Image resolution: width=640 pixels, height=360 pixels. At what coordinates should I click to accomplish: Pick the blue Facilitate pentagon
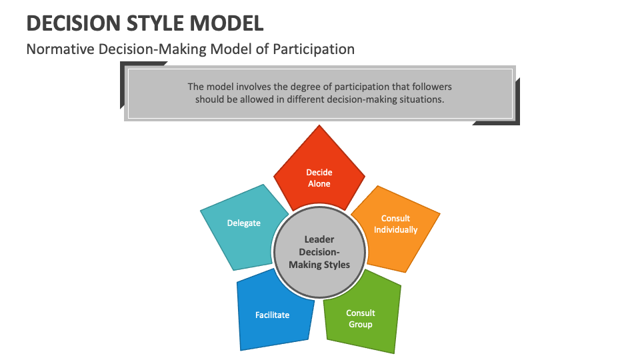tap(272, 315)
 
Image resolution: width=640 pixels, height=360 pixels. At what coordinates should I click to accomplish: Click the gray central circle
tap(319, 252)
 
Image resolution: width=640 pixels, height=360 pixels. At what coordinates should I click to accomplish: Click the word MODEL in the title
tap(228, 23)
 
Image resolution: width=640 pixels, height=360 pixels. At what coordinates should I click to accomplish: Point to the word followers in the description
tap(429, 87)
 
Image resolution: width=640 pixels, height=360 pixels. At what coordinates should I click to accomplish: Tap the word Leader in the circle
tap(319, 239)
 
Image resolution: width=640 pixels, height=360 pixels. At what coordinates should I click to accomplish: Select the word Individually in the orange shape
tap(395, 230)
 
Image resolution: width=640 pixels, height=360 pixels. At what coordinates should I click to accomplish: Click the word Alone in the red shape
tap(319, 183)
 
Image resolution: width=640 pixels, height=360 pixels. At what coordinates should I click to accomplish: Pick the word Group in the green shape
tap(361, 325)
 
